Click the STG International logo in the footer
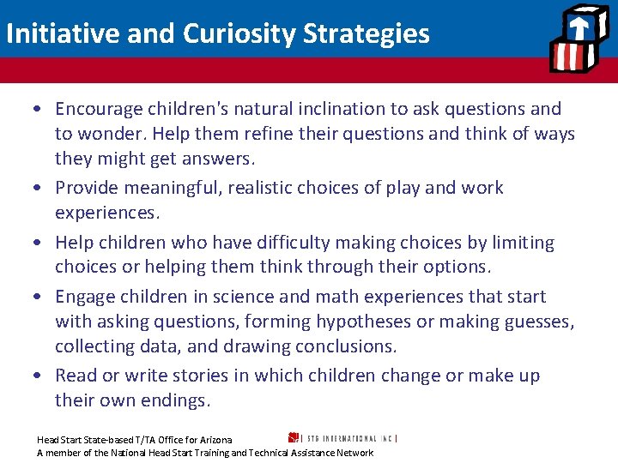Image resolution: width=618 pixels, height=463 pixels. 343,438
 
